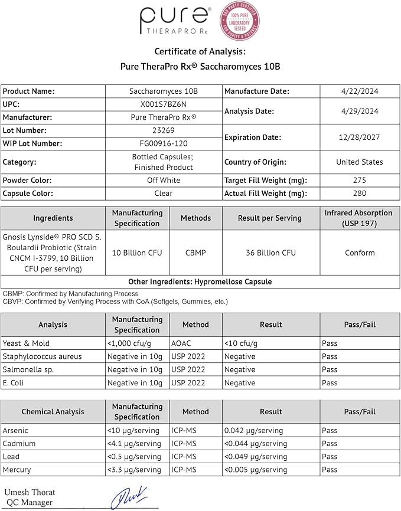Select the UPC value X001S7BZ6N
163,104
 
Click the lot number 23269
163,130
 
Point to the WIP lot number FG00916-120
163,143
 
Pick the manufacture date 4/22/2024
359,91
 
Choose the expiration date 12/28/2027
359,137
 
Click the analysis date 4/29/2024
359,111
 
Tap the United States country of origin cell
359,162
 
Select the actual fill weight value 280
359,193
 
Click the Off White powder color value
163,180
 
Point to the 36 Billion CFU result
270,253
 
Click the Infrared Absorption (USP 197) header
359,218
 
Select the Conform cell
359,253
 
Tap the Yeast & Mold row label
26,343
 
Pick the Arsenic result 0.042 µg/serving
253,431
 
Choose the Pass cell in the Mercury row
330,470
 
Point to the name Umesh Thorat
30,492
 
